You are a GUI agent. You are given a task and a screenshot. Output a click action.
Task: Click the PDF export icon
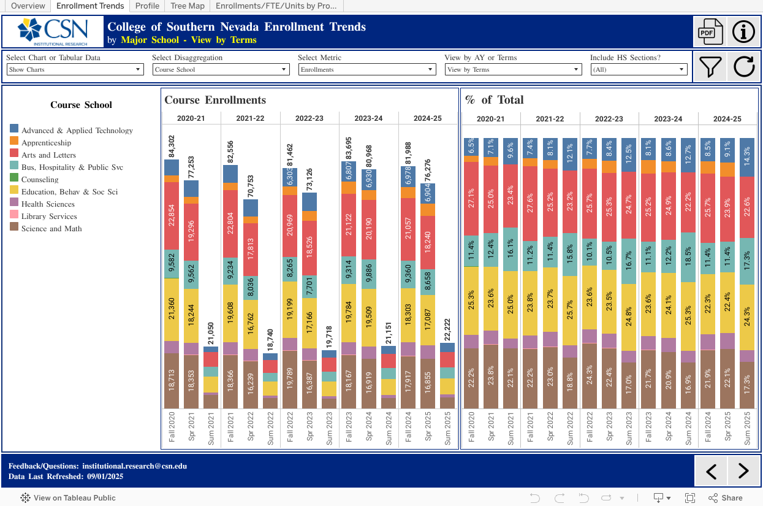pos(708,32)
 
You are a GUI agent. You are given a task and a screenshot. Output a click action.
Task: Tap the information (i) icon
pos(743,32)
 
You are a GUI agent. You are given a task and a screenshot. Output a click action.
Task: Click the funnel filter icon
pos(710,66)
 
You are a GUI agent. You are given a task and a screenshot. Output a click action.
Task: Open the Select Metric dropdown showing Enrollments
pos(367,69)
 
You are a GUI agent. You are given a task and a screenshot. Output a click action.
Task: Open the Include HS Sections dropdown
pos(639,69)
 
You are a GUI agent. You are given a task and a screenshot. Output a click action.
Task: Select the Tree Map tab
pos(188,6)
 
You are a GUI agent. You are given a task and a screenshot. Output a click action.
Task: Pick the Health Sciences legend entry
pos(48,204)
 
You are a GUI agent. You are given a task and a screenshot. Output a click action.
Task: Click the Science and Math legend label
pos(51,229)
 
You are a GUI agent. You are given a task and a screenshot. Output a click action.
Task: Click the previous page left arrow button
pos(711,471)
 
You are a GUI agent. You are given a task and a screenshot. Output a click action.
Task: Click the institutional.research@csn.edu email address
pos(134,466)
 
